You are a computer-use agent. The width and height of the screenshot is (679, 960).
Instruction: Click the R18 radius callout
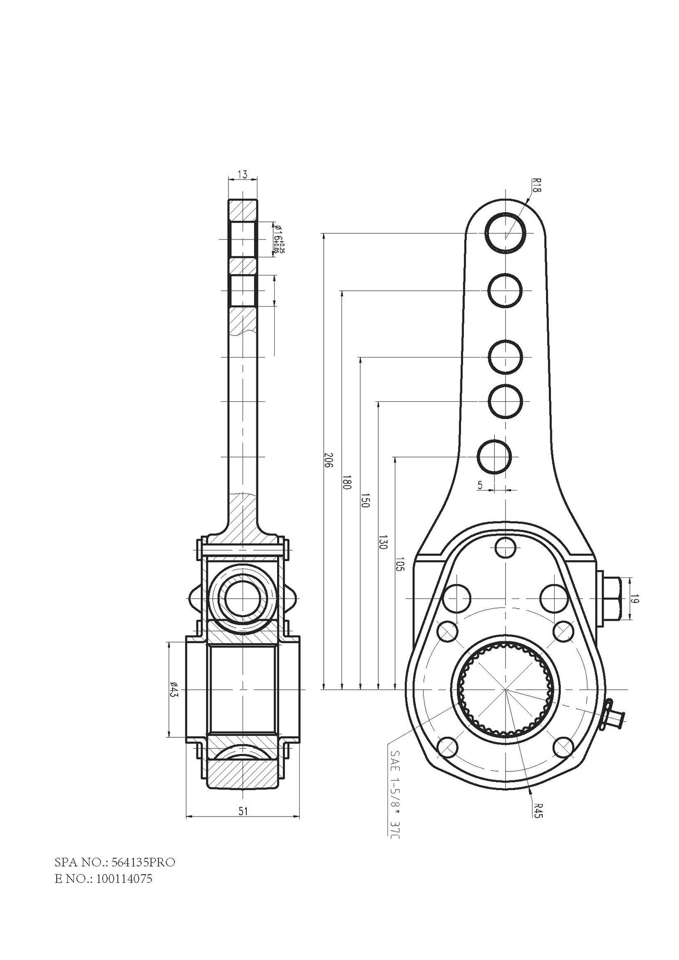click(536, 184)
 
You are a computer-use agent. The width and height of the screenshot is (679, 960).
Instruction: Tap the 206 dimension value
click(329, 461)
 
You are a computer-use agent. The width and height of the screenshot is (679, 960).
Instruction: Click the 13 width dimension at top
click(242, 175)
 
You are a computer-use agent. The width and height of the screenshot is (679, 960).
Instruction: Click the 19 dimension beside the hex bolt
click(634, 599)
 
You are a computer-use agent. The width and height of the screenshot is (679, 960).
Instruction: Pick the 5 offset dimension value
click(480, 485)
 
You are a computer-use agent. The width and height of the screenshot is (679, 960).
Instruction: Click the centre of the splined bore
click(506, 689)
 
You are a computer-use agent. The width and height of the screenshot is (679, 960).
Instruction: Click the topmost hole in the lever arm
click(506, 233)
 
